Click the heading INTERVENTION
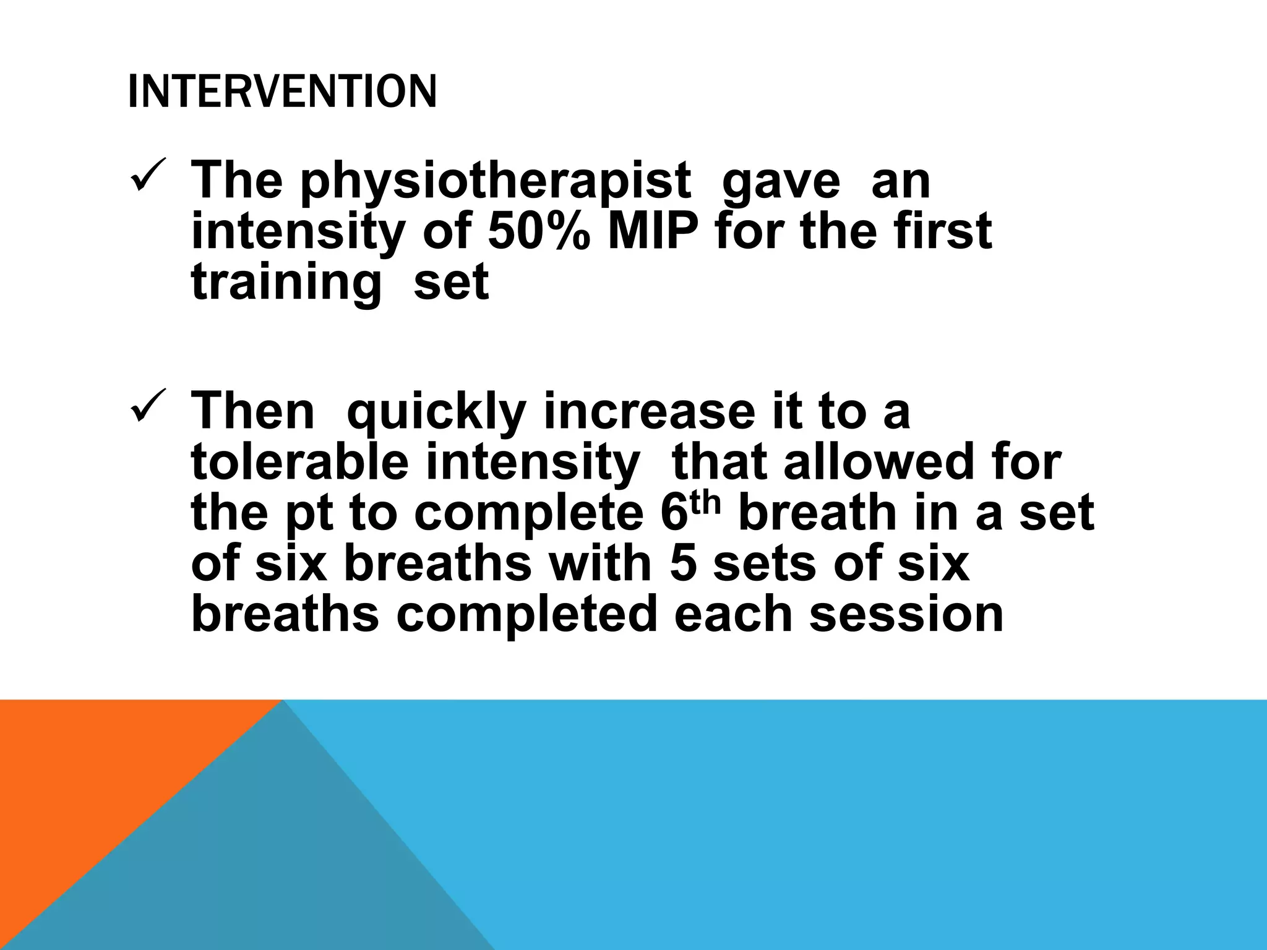pos(282,92)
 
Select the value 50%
pos(538,232)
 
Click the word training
pos(286,283)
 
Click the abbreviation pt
pos(309,515)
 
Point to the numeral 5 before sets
pos(684,564)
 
